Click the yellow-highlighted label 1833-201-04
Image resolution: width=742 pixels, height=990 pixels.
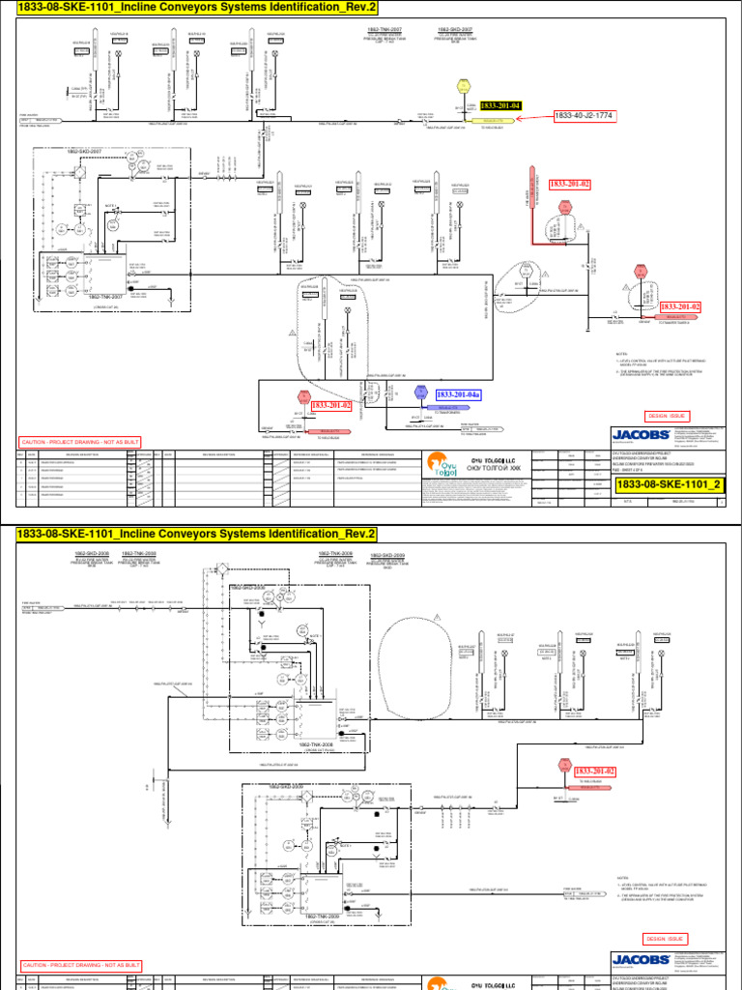(x=501, y=105)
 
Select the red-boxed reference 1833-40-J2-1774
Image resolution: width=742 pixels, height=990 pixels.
(x=585, y=116)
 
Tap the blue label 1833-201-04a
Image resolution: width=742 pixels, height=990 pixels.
(x=459, y=394)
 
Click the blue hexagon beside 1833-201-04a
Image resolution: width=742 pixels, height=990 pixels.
(x=420, y=393)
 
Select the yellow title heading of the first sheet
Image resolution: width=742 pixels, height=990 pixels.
(x=191, y=10)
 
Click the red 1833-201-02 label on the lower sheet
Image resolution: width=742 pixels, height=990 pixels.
(x=596, y=771)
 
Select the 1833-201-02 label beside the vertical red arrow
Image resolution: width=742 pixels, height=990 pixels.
(x=570, y=183)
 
